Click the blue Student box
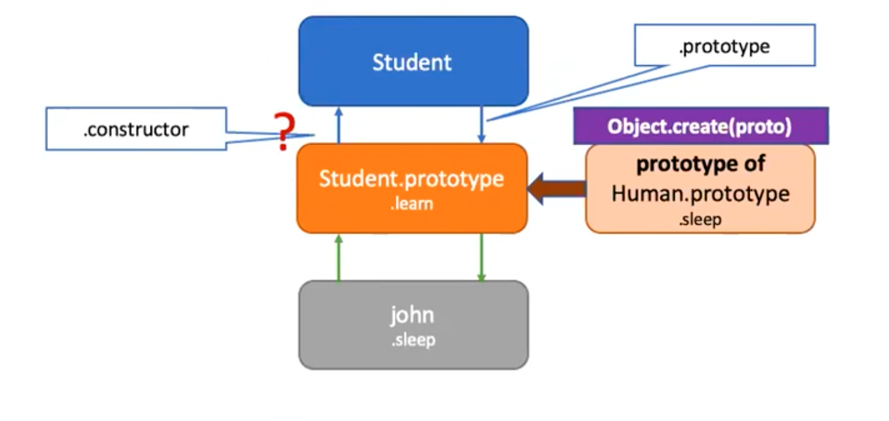point(414,61)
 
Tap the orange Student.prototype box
point(412,188)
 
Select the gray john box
point(414,325)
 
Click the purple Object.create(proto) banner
point(701,126)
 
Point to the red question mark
point(284,131)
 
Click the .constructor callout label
point(136,129)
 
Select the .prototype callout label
point(725,46)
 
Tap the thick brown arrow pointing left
point(557,188)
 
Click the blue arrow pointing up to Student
point(338,125)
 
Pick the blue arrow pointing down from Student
point(481,125)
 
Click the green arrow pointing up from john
point(338,258)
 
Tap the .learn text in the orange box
point(411,204)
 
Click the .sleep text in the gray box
point(413,340)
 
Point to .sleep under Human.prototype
point(700,219)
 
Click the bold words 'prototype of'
point(701,164)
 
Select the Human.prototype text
point(701,194)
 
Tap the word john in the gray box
point(412,315)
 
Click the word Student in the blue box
point(412,62)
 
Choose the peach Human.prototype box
point(701,189)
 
